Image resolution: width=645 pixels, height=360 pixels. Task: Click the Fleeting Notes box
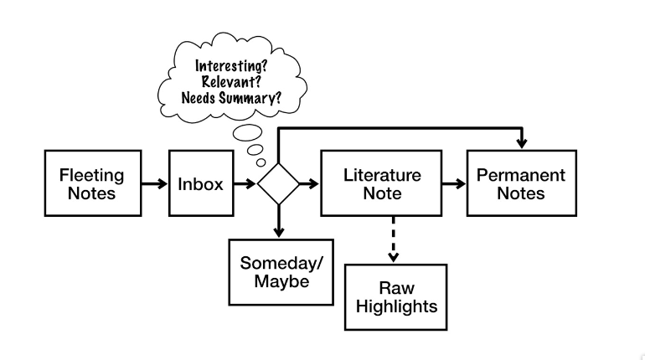(92, 184)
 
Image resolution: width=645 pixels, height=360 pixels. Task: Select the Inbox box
(201, 184)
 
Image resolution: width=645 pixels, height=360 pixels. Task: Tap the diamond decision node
(278, 184)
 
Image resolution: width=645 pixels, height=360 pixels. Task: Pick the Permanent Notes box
(521, 184)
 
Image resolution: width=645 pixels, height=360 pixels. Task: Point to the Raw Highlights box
(396, 298)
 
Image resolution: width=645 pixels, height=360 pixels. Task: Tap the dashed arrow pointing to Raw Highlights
(390, 239)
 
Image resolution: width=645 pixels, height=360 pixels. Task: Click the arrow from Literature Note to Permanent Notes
(455, 184)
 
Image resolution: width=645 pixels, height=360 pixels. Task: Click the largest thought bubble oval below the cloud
(248, 131)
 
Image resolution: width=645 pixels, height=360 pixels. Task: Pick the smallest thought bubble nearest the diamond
(261, 162)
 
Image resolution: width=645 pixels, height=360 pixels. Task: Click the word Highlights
(396, 306)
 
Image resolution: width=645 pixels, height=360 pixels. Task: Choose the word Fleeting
(92, 176)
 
